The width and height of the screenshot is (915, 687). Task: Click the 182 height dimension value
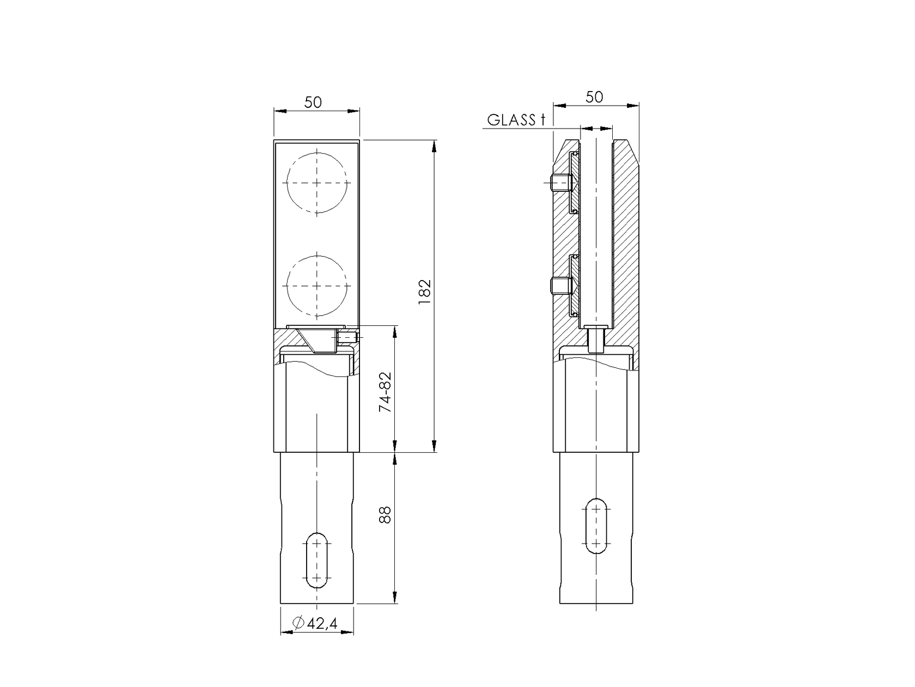425,295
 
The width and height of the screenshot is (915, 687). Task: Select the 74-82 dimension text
385,393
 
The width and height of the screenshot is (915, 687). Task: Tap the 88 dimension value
385,515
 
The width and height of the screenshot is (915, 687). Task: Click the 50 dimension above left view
313,102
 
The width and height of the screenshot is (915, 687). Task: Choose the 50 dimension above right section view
594,97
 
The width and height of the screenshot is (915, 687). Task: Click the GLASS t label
515,120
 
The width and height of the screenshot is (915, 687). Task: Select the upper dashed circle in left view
316,183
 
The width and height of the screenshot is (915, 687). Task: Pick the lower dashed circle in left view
316,285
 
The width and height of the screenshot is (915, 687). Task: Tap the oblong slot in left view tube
316,560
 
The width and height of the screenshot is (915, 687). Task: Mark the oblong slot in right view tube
597,526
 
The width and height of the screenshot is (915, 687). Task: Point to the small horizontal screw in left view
347,338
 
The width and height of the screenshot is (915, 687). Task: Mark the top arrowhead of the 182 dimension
434,146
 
